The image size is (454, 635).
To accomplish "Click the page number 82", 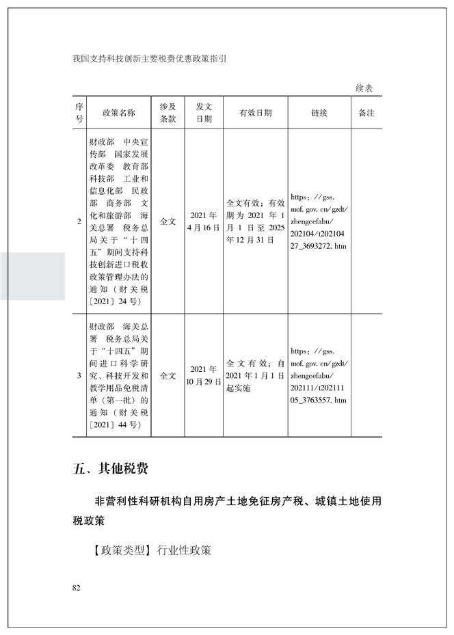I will [x=76, y=588].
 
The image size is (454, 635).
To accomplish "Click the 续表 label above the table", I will [x=364, y=89].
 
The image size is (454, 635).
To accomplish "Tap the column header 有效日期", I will [x=256, y=113].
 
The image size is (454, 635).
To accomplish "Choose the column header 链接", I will [x=319, y=113].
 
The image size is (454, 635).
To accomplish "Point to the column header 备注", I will [x=366, y=113].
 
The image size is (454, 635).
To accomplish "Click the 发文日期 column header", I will [x=204, y=113].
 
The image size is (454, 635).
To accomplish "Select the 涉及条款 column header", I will [x=168, y=113].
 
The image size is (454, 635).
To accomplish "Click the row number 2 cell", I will [x=79, y=222].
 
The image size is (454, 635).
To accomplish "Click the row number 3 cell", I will [x=79, y=376].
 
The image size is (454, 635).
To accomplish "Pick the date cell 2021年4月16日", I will [x=204, y=222].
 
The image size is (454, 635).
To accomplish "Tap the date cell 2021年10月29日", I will [x=204, y=376].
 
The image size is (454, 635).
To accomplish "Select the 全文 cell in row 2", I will [x=168, y=222].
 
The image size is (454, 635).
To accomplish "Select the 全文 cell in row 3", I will [x=168, y=376].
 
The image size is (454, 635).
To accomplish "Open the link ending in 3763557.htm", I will [x=319, y=375].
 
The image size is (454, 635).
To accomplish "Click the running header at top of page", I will [x=148, y=59].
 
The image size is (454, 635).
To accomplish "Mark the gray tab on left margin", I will [x=32, y=276].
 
